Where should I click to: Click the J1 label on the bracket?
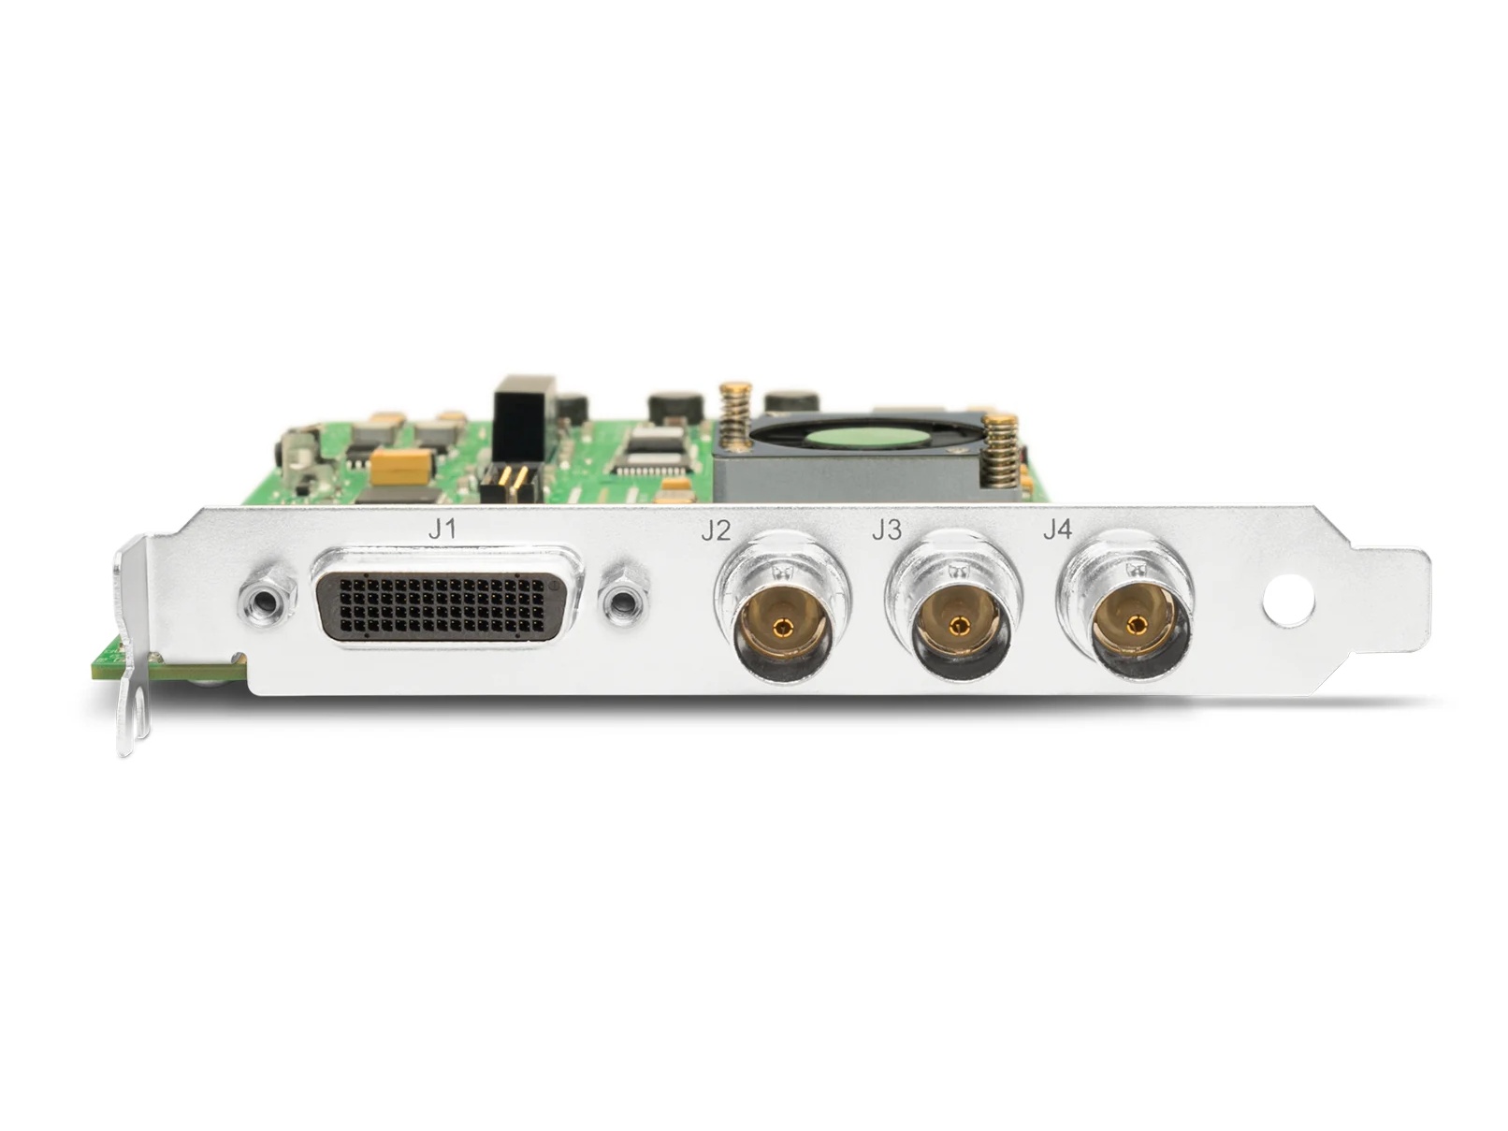pyautogui.click(x=441, y=529)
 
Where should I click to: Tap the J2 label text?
pyautogui.click(x=716, y=530)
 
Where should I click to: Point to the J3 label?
pyautogui.click(x=886, y=530)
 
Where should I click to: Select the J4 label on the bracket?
pyautogui.click(x=1057, y=529)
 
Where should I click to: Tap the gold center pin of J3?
pyautogui.click(x=956, y=625)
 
